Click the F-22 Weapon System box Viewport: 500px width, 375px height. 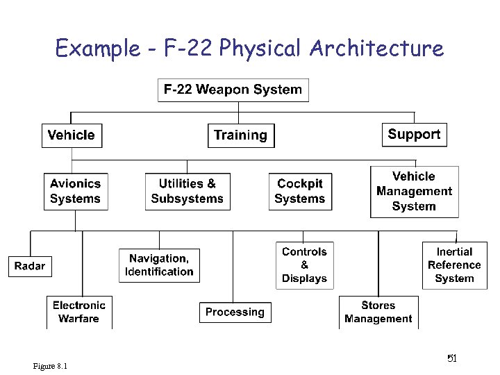click(x=233, y=90)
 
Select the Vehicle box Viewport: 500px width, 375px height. click(x=72, y=135)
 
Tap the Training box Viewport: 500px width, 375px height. click(x=241, y=135)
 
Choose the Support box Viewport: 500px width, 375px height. click(x=414, y=135)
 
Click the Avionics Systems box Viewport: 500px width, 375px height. click(x=76, y=191)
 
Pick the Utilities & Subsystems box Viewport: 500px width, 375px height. click(x=187, y=191)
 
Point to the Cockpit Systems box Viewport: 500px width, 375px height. click(x=300, y=191)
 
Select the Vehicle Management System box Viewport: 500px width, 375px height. click(x=414, y=191)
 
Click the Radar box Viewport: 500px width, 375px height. click(x=30, y=266)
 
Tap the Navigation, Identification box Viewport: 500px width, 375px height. click(x=159, y=265)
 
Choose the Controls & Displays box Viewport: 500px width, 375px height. click(x=304, y=265)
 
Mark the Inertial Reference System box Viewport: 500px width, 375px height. click(x=454, y=265)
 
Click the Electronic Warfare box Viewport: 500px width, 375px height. click(x=79, y=312)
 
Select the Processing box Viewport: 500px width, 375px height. click(x=235, y=312)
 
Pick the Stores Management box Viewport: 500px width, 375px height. click(x=378, y=312)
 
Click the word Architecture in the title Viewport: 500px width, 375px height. click(x=376, y=49)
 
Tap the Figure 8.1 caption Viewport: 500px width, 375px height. click(x=54, y=366)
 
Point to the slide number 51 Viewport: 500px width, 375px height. click(x=451, y=358)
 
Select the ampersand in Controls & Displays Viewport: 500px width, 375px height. click(x=304, y=265)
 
